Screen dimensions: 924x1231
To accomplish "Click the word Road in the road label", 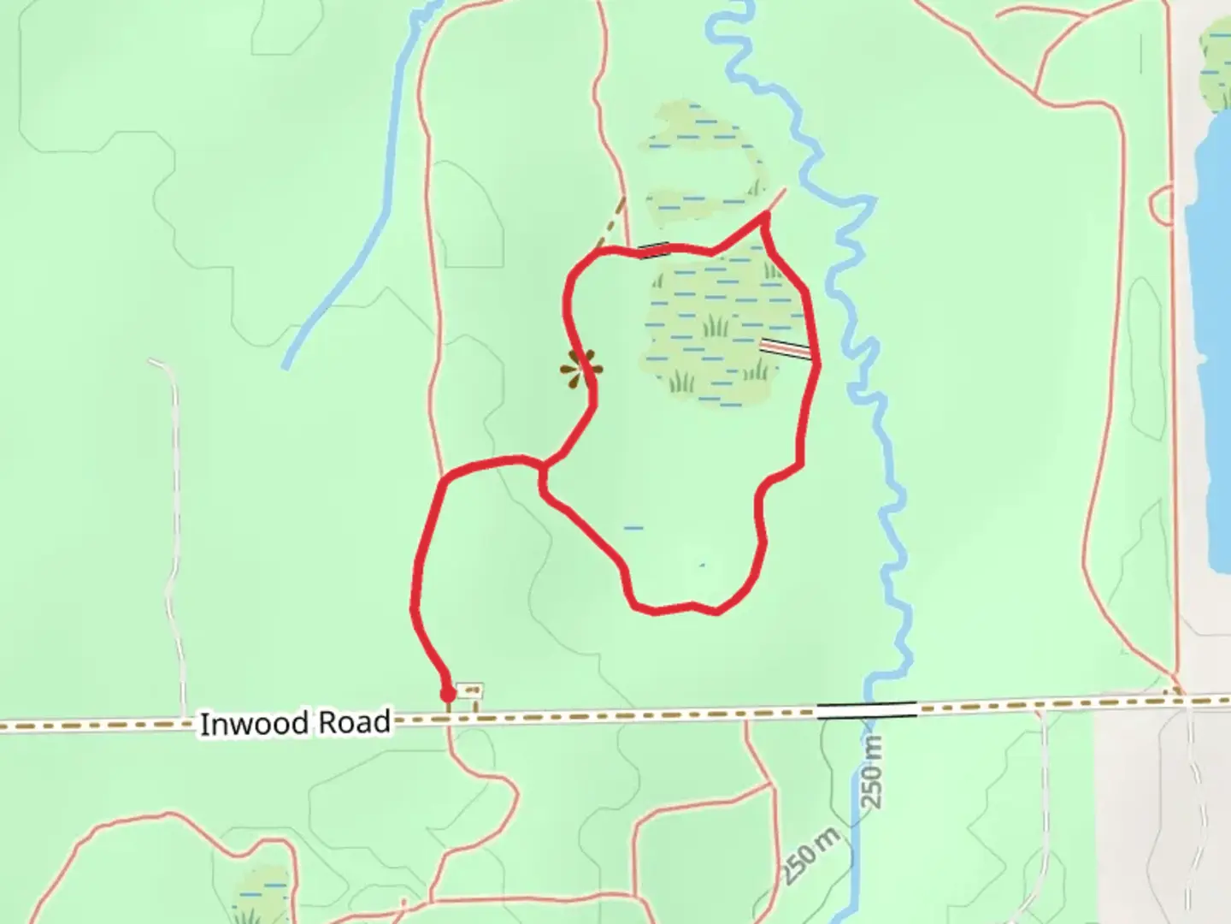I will coord(354,723).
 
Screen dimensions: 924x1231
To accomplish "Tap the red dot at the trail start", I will coord(447,694).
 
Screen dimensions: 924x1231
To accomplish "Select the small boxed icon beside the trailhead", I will coord(470,690).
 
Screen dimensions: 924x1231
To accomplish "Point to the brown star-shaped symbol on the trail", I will coord(581,370).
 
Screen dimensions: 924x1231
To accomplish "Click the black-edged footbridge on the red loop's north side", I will coord(655,250).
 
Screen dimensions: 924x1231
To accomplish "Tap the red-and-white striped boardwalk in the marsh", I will coord(785,348).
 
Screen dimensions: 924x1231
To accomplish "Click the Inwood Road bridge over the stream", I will coord(866,709).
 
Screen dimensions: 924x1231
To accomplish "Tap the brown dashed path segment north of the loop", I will coord(611,222).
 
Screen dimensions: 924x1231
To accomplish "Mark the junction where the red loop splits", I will coord(542,467).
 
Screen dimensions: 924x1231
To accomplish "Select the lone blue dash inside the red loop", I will coord(633,528).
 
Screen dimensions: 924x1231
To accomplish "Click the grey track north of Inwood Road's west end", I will coord(174,513).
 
